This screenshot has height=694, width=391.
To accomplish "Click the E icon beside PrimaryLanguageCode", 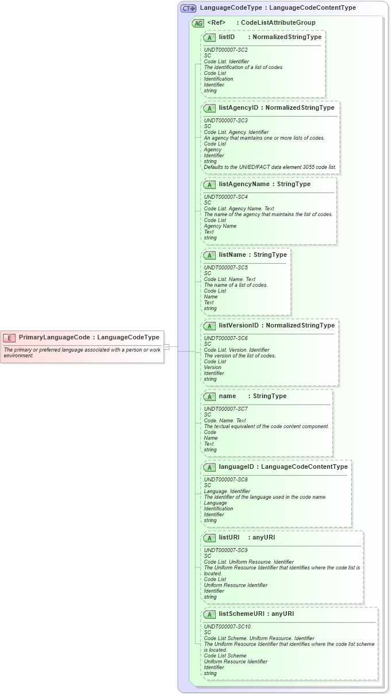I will [x=9, y=338].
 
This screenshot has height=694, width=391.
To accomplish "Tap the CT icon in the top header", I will [x=189, y=9].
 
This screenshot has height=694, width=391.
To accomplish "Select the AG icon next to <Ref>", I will [x=198, y=23].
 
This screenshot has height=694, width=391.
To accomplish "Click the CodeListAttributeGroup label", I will [x=278, y=23].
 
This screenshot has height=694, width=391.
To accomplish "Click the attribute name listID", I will [x=227, y=37].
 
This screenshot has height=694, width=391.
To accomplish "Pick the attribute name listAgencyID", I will [x=238, y=107].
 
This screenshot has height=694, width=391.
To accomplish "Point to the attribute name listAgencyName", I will [x=244, y=184].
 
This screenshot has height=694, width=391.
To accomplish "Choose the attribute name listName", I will [x=232, y=255].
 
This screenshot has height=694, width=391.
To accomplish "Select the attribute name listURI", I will [x=229, y=538].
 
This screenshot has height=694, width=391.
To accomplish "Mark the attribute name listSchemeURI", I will [x=241, y=614].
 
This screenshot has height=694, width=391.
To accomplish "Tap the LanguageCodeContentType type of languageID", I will [x=304, y=467].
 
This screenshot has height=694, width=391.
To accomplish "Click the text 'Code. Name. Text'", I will [x=225, y=421].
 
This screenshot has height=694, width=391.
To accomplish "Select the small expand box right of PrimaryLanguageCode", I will [x=166, y=346].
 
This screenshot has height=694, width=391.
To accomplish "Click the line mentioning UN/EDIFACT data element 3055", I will [x=270, y=167].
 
